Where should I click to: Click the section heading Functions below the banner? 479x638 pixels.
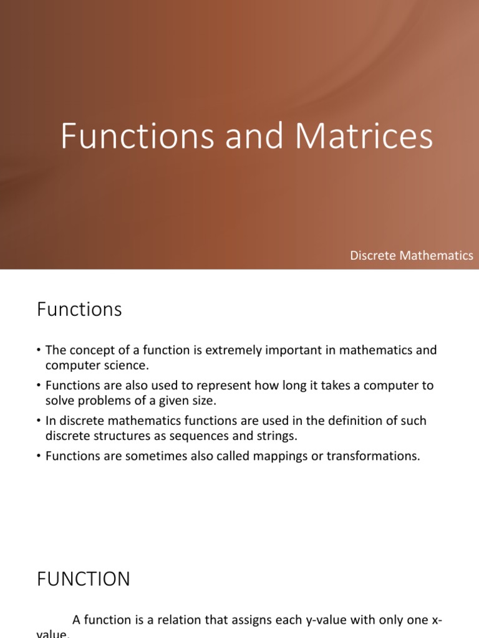[x=79, y=310]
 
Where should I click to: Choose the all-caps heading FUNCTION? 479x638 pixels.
[x=83, y=579]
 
